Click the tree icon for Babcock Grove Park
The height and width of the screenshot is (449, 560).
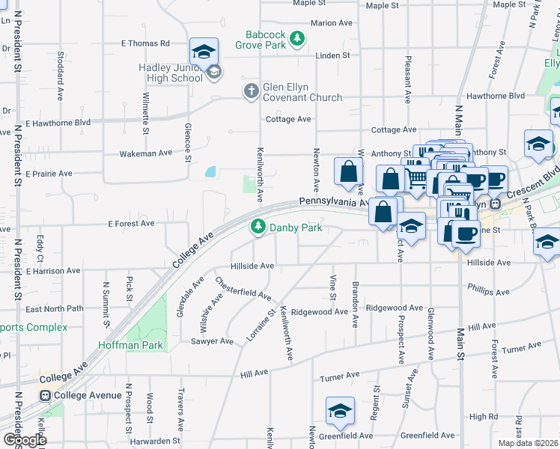[297, 38]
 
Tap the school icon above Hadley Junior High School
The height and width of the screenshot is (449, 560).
[204, 52]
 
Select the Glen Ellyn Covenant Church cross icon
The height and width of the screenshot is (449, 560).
[251, 91]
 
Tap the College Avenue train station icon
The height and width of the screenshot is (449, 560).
[46, 395]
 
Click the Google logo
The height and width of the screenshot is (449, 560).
[24, 439]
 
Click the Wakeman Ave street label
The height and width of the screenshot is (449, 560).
[146, 153]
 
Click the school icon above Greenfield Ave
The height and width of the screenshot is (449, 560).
[339, 411]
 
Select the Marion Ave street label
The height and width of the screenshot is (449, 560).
[331, 23]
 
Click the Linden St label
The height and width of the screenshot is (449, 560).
[333, 55]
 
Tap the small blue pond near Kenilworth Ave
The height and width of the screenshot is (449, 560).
[210, 172]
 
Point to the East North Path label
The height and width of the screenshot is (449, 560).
[54, 308]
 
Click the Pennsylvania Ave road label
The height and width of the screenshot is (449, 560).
[332, 202]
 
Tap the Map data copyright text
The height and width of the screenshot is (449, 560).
[529, 443]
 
